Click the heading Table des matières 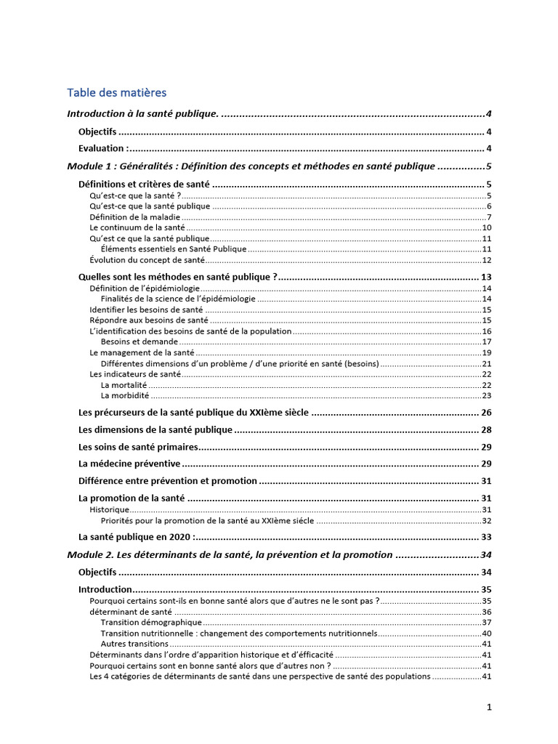click(116, 92)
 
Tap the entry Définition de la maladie click(134, 217)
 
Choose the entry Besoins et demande click(139, 341)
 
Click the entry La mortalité click(124, 385)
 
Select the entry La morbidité click(125, 395)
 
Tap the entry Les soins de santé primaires click(138, 446)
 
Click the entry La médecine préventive click(129, 464)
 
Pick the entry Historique click(109, 510)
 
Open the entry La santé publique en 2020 click(136, 537)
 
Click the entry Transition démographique click(151, 623)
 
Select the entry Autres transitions click(134, 644)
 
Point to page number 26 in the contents click(486, 413)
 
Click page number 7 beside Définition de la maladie click(490, 217)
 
